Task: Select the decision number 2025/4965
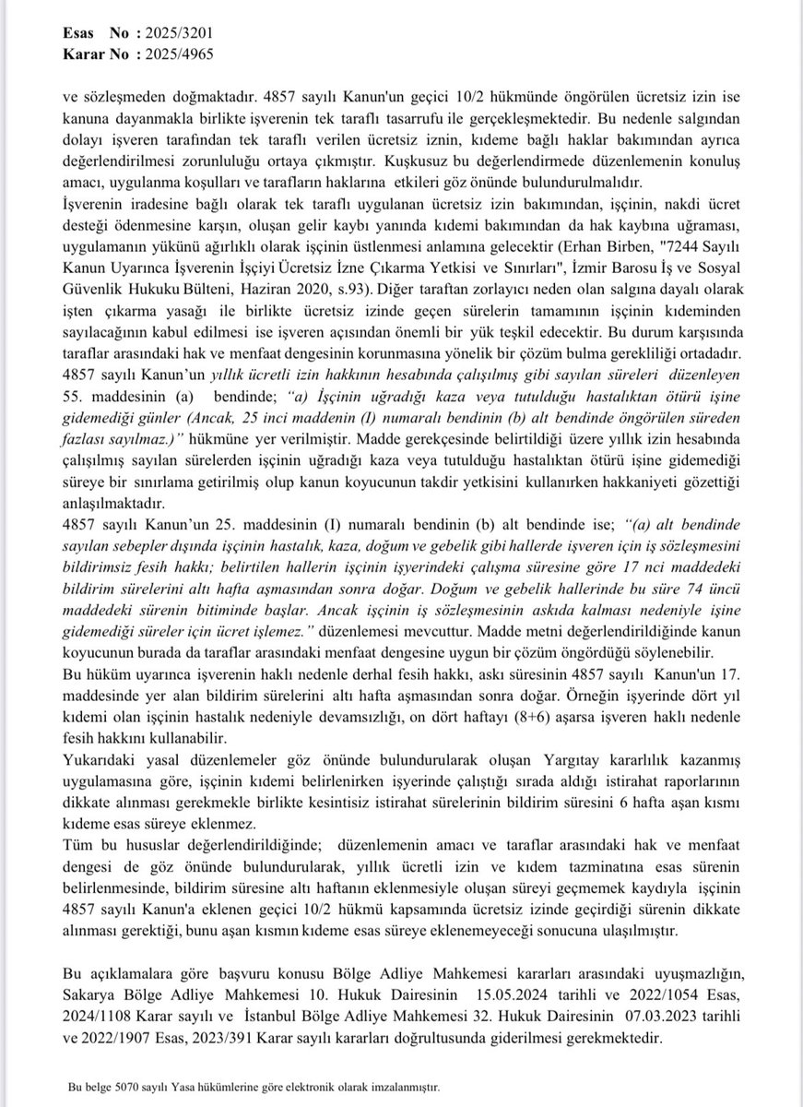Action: click(171, 54)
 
